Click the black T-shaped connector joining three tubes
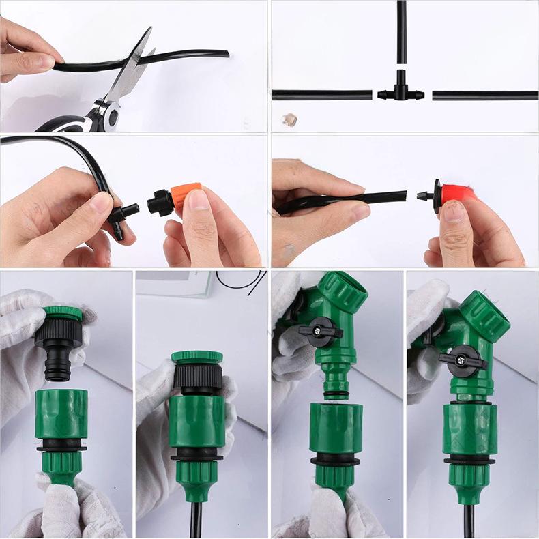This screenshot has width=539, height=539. tap(401, 93)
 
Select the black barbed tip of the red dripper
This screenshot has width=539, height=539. tap(426, 196)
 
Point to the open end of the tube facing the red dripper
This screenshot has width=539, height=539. tap(403, 196)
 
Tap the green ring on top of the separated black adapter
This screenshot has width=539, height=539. tap(63, 314)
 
